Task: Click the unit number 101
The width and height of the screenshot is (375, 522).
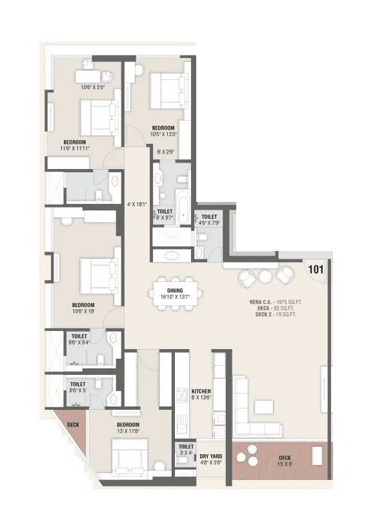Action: pyautogui.click(x=316, y=269)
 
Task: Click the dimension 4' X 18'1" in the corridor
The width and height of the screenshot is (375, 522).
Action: pyautogui.click(x=136, y=205)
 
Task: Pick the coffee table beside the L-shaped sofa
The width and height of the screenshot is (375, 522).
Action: pyautogui.click(x=263, y=407)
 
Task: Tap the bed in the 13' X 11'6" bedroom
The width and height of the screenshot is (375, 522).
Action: pyautogui.click(x=130, y=457)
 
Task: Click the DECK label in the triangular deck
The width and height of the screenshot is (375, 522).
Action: pyautogui.click(x=72, y=425)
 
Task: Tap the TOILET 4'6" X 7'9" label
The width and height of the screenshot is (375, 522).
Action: pyautogui.click(x=209, y=220)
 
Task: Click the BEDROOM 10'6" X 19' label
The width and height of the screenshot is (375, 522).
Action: pyautogui.click(x=83, y=308)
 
